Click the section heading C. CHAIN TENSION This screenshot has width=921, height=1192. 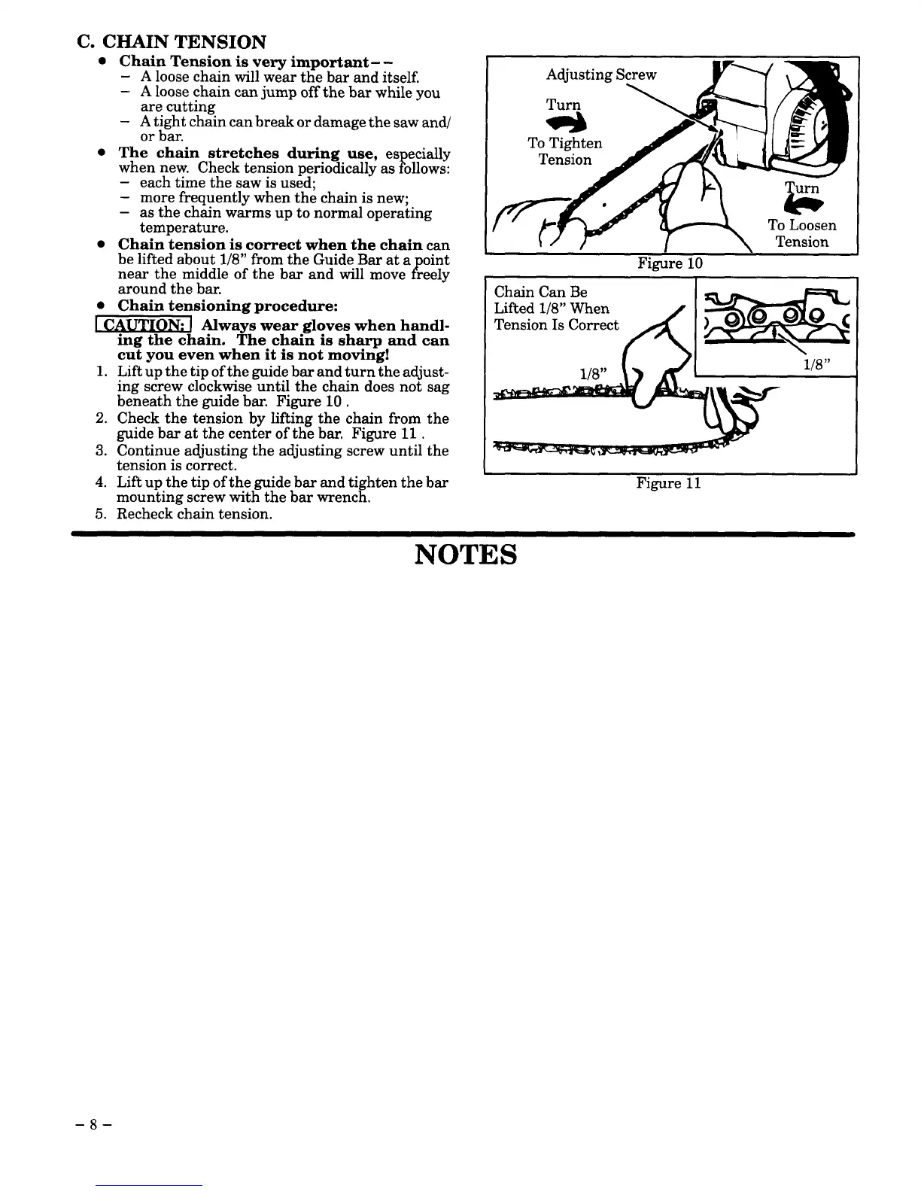point(172,41)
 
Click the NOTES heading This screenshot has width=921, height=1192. point(466,555)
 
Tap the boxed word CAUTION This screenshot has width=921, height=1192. point(141,324)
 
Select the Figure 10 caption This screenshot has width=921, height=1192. point(669,263)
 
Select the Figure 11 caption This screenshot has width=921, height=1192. point(668,483)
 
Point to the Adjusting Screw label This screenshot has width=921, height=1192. point(601,74)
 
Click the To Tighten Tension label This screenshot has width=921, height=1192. point(564,151)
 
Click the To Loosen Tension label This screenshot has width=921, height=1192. point(801,233)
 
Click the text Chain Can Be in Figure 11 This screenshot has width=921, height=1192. point(540,292)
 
